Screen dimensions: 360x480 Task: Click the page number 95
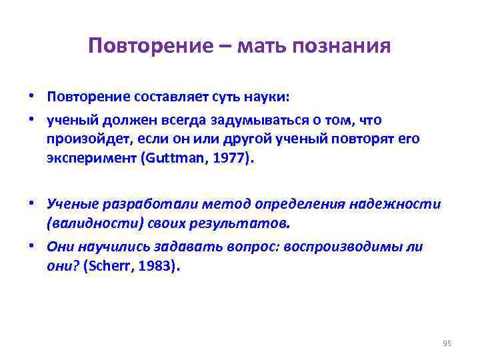click(447, 343)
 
